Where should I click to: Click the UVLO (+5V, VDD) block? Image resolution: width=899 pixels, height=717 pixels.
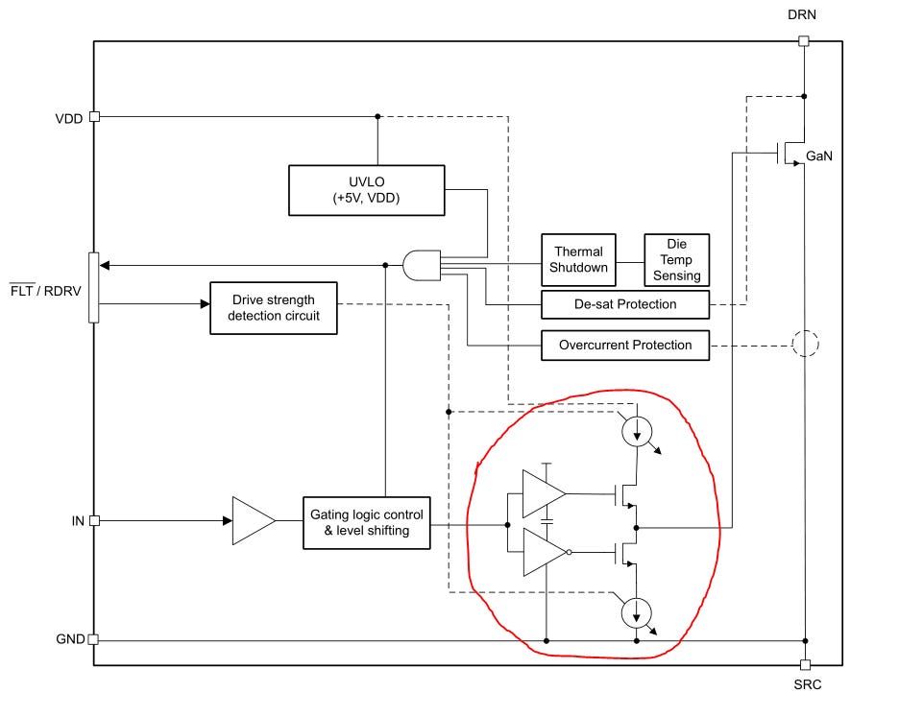[x=366, y=190]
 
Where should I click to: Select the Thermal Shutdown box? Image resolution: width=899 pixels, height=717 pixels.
[x=578, y=259]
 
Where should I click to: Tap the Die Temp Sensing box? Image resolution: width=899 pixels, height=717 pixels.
[x=676, y=259]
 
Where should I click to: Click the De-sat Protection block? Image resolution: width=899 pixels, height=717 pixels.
[x=625, y=304]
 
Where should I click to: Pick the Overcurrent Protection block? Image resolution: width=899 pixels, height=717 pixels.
[x=625, y=345]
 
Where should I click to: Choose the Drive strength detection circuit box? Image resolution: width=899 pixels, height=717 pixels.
[x=274, y=308]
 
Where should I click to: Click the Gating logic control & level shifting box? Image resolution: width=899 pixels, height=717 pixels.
[x=366, y=523]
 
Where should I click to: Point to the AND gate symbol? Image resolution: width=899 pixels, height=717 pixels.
[x=422, y=265]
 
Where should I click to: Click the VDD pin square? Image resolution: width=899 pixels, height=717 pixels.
[x=94, y=117]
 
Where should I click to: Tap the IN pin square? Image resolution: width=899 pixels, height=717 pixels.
[x=94, y=520]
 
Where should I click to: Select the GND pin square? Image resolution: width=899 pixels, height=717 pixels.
[x=93, y=639]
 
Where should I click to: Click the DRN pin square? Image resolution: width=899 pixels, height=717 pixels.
[x=804, y=40]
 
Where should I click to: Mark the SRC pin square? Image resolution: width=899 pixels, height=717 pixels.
[x=805, y=665]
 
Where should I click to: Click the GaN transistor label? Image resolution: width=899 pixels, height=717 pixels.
[x=818, y=155]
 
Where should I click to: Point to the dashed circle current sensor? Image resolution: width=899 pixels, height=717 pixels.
[x=805, y=344]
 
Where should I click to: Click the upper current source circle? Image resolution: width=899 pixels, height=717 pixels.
[x=637, y=431]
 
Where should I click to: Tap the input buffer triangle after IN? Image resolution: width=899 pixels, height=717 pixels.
[x=254, y=520]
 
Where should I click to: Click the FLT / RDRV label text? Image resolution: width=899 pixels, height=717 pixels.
[x=45, y=290]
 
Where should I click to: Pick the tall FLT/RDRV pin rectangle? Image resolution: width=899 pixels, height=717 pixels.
[x=93, y=288]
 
